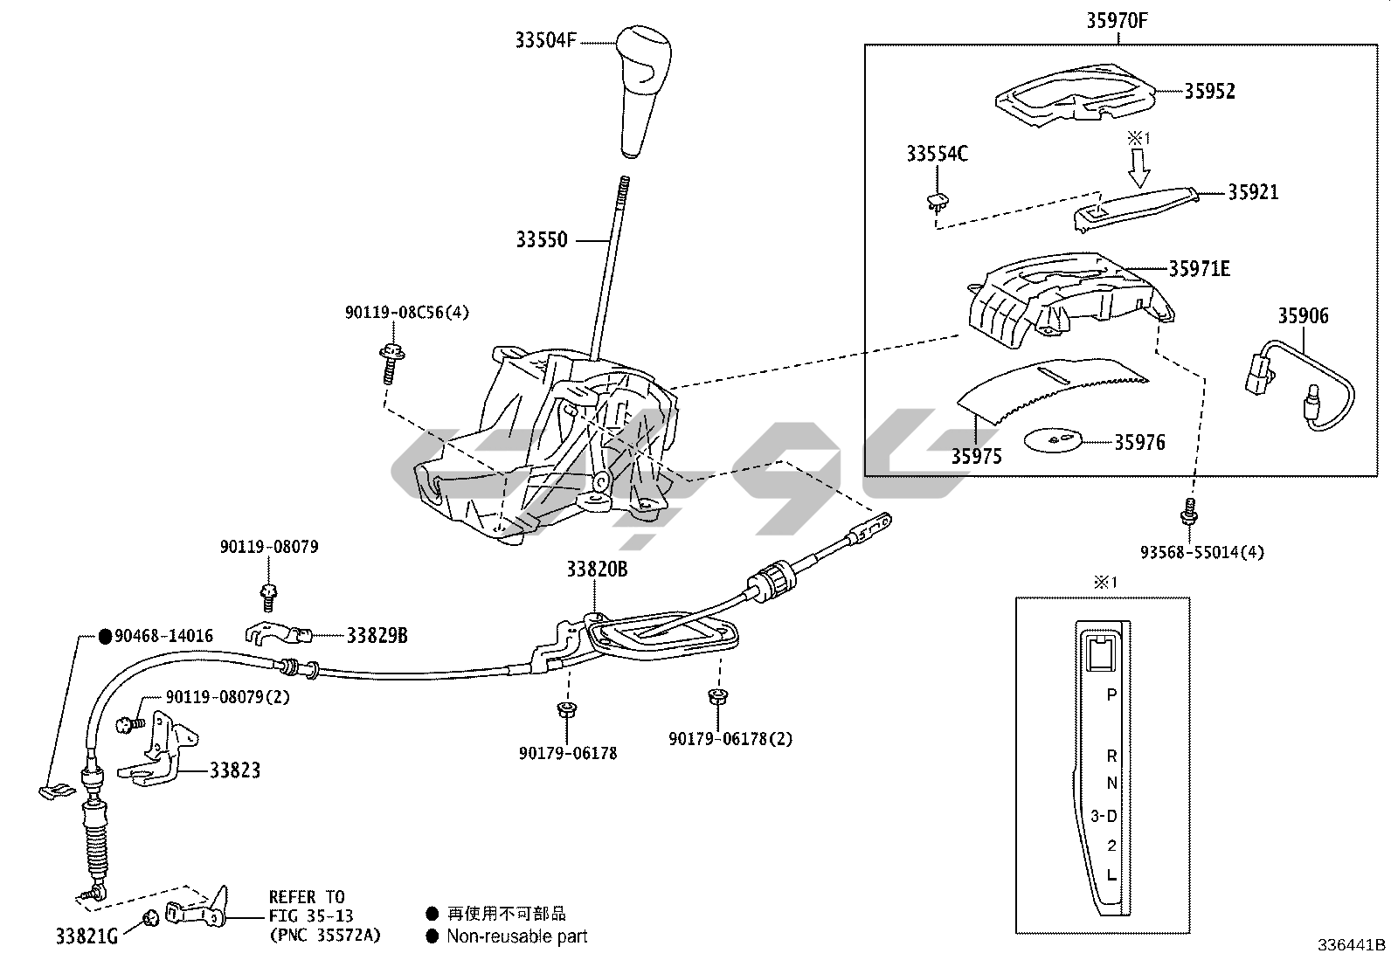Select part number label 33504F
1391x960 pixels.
545,40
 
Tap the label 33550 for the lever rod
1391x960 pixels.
541,239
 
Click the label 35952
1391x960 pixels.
1209,91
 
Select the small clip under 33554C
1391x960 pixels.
938,203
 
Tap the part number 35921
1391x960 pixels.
1253,192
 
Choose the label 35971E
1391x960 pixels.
1200,269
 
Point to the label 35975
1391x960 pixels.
976,456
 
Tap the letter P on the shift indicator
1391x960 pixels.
1111,695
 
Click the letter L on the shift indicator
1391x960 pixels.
1111,874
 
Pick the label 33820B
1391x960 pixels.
597,570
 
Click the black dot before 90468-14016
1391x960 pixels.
104,636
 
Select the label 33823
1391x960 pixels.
234,770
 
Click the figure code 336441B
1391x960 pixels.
1352,945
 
